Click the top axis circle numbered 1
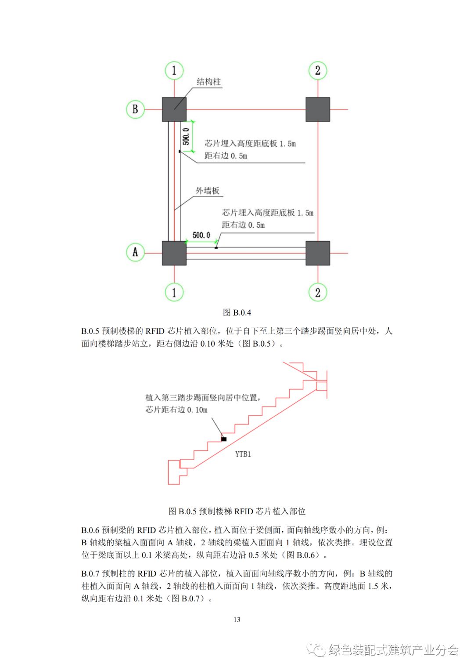point(174,70)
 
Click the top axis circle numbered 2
point(318,70)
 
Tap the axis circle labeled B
point(135,109)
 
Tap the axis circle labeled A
point(135,253)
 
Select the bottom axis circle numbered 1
point(174,292)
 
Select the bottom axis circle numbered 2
point(318,292)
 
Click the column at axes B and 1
point(174,109)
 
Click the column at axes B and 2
point(318,109)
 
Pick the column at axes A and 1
point(174,253)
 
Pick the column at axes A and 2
point(318,253)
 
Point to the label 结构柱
point(208,82)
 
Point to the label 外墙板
point(207,191)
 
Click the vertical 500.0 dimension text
point(186,136)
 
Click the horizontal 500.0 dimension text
point(201,235)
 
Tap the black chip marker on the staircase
point(224,439)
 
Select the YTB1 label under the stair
point(243,454)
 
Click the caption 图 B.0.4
point(237,312)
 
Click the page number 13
point(237,620)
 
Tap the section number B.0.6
point(90,530)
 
